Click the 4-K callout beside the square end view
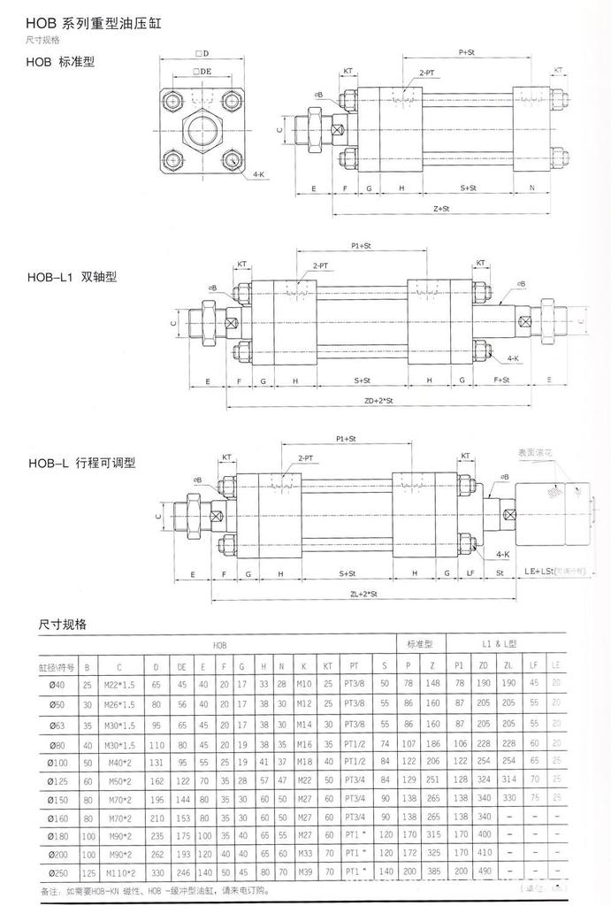point(258,176)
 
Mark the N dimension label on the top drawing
point(531,188)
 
